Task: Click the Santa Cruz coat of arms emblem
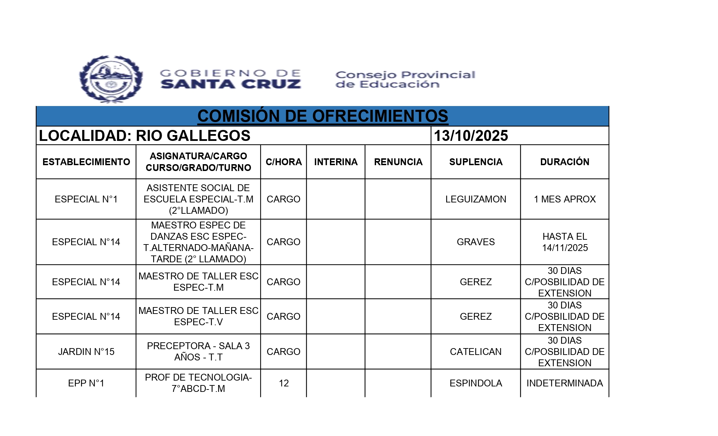tap(111, 79)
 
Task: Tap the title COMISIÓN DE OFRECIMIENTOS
tap(322, 116)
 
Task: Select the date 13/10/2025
tap(471, 136)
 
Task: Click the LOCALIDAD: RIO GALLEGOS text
tap(145, 136)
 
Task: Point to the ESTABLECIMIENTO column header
tap(86, 162)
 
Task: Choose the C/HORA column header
tap(283, 162)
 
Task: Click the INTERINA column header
tap(336, 162)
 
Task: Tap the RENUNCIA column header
tap(398, 162)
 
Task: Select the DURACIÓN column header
tap(564, 162)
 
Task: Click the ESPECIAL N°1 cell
tap(86, 199)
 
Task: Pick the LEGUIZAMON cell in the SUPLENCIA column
tap(476, 199)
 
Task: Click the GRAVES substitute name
tap(476, 242)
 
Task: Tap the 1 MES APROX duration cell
tap(564, 199)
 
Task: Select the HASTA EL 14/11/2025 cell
tap(564, 242)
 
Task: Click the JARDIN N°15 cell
tap(86, 352)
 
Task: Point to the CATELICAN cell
tap(476, 352)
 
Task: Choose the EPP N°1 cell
tap(86, 383)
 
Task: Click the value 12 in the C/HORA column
tap(283, 383)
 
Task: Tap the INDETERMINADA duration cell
tap(564, 383)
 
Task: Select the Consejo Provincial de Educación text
tap(405, 79)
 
